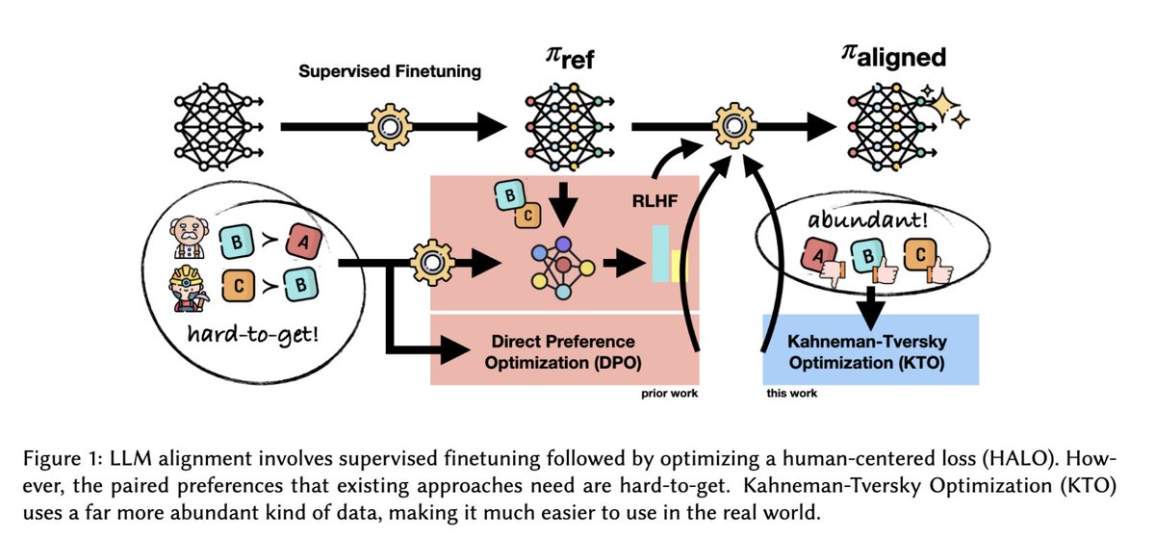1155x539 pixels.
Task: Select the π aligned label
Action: (x=890, y=58)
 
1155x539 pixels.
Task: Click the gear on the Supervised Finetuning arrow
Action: (x=389, y=126)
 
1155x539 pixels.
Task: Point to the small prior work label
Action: (x=668, y=394)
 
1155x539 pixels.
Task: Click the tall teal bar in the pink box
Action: (x=660, y=253)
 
